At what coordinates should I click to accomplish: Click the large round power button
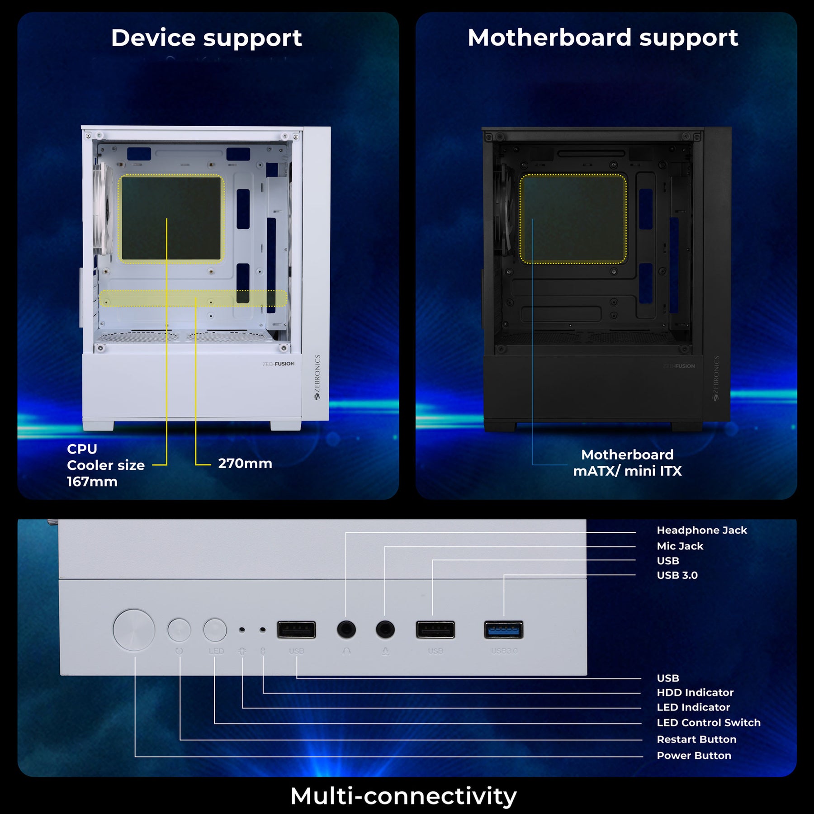pos(134,629)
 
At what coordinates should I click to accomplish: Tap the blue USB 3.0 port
pos(503,629)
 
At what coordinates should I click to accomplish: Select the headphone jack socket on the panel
pos(346,629)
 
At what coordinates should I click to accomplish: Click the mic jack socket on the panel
pos(385,629)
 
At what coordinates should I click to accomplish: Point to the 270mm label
pos(245,464)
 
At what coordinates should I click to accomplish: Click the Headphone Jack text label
pos(701,530)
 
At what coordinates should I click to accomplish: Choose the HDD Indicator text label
pos(695,692)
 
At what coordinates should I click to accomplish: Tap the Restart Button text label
pos(696,739)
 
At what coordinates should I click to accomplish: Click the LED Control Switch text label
pos(708,723)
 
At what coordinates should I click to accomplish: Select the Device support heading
pos(207,38)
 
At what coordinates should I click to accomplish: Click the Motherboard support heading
pos(602,38)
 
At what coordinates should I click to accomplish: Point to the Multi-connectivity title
pos(403,796)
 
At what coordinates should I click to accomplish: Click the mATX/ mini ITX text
pos(627,471)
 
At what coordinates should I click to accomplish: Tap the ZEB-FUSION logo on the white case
pos(279,364)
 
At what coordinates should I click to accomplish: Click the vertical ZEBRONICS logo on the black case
pos(716,378)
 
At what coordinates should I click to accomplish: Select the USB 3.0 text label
pos(677,575)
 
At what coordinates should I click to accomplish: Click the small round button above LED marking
pos(215,629)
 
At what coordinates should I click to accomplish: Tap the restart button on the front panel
pos(179,629)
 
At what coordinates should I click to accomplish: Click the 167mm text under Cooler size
pos(92,482)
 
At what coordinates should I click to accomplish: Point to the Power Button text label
pos(694,756)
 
